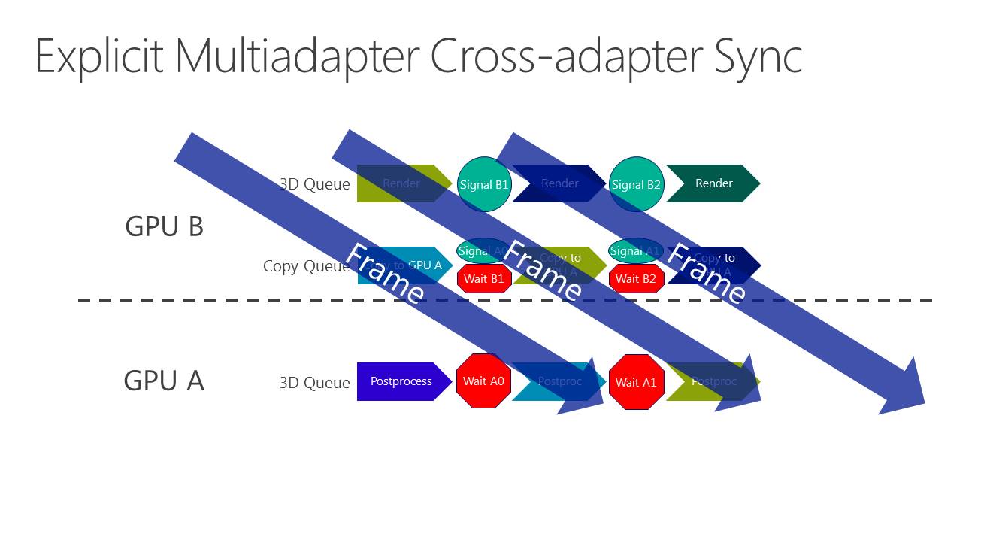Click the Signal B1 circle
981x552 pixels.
(x=484, y=184)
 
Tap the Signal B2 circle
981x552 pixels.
(x=637, y=184)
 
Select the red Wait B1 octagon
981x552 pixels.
(x=484, y=279)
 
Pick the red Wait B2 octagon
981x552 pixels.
(x=636, y=279)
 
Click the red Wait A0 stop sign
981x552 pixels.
(x=483, y=381)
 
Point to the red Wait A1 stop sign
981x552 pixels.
(x=636, y=382)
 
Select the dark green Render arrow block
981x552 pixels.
(x=713, y=183)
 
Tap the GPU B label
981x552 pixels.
(x=164, y=226)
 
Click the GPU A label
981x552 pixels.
(x=164, y=381)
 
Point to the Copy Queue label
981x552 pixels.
(x=306, y=266)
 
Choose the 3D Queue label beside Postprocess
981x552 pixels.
(x=314, y=383)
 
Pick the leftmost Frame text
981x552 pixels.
(x=385, y=274)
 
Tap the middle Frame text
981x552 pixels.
(x=541, y=272)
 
